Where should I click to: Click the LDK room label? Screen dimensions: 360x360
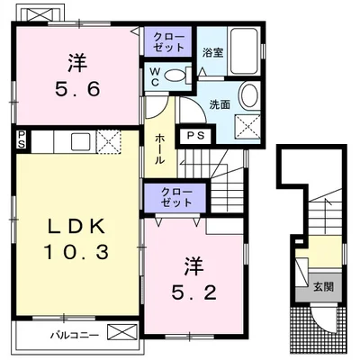77,228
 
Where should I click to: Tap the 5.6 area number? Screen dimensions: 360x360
77,89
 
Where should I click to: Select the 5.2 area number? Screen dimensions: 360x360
193,292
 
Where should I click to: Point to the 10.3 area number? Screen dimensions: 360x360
76,252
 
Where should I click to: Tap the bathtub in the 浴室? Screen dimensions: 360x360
244,51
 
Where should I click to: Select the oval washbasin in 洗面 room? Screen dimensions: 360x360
249,95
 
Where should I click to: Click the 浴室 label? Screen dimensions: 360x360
212,53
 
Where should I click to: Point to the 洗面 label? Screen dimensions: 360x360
220,104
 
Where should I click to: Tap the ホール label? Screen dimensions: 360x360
159,149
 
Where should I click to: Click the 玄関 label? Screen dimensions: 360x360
323,287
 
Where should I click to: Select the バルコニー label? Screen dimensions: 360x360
74,335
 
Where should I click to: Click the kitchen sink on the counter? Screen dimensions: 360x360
80,141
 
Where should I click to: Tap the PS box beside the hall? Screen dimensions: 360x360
195,136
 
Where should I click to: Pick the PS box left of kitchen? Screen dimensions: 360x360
22,140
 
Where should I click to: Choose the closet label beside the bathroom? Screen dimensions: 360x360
168,42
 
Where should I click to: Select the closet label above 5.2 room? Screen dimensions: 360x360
175,198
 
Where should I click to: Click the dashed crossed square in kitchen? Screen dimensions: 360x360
109,141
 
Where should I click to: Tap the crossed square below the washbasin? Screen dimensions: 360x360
247,127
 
